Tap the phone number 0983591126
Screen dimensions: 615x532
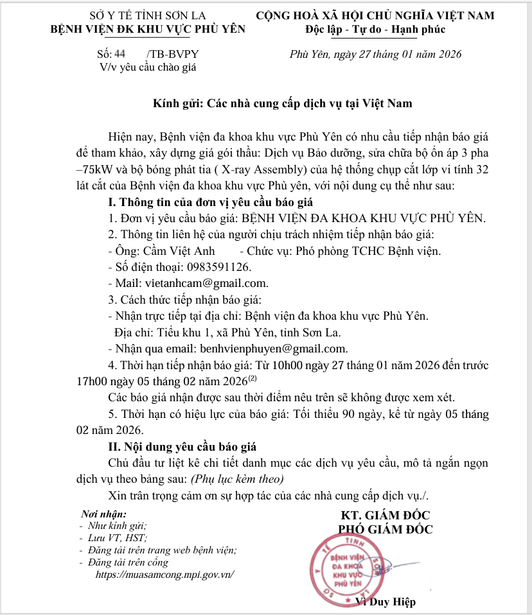pos(218,266)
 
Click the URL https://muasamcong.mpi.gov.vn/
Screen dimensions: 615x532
pos(164,575)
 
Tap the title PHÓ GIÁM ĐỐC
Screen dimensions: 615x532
pos(386,530)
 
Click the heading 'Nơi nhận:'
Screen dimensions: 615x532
pos(104,515)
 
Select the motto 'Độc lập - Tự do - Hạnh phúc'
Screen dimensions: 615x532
pos(375,30)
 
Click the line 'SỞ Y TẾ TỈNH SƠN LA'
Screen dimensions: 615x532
pos(148,15)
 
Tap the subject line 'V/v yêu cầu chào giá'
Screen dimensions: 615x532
pos(147,67)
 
